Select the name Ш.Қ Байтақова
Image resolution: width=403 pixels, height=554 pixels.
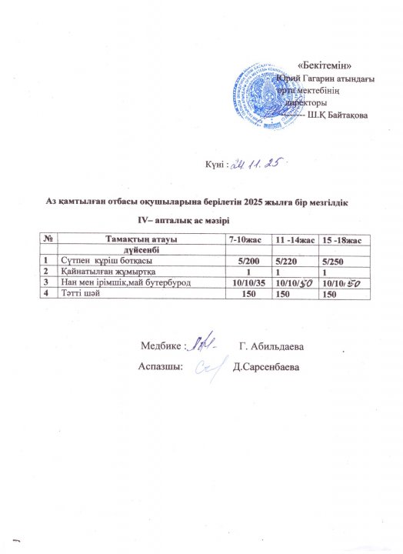pos(338,115)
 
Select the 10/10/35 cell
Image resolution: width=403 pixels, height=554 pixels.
pos(248,284)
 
